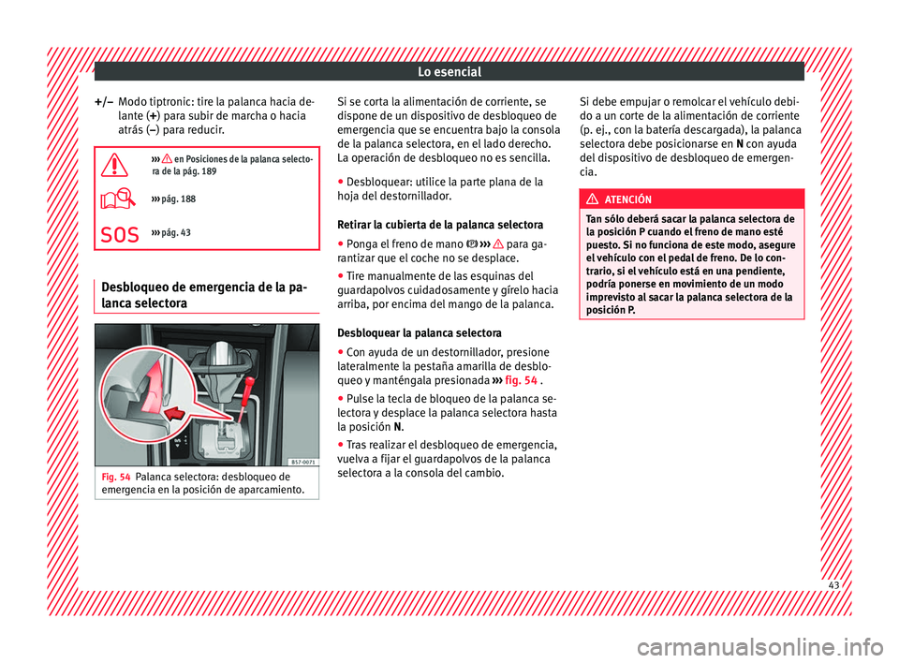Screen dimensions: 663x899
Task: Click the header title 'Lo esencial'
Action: (x=450, y=72)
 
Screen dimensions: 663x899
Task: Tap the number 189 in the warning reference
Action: (x=210, y=173)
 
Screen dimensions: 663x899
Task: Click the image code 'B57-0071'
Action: (x=297, y=461)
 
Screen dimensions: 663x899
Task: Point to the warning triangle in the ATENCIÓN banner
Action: (x=601, y=199)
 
